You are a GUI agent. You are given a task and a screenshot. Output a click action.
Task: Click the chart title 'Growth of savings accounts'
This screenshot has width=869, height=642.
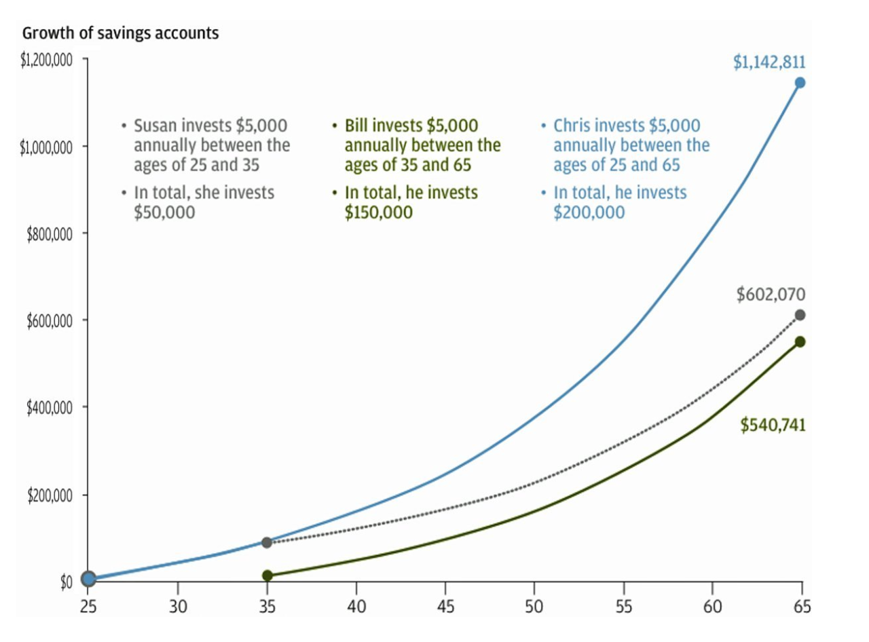point(121,33)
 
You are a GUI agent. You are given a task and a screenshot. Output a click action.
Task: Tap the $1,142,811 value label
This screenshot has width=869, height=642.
point(769,62)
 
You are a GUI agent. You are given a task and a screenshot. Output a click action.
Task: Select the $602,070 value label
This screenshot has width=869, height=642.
point(771,295)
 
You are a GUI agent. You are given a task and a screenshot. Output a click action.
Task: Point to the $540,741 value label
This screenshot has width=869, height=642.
point(773,426)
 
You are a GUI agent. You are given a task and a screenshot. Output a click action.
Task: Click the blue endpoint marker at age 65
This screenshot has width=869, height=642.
point(800,83)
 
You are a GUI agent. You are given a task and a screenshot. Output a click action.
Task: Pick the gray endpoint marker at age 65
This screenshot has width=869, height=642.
point(800,315)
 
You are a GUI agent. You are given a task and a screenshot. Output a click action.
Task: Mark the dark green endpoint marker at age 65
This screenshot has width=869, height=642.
point(800,341)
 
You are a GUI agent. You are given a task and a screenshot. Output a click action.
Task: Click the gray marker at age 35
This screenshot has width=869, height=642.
point(267,542)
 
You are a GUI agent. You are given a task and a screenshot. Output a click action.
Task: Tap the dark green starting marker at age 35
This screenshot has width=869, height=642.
point(267,575)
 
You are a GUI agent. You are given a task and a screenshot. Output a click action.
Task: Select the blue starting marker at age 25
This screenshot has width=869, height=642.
point(88,578)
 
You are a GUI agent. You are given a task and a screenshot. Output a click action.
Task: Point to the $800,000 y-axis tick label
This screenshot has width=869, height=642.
point(50,234)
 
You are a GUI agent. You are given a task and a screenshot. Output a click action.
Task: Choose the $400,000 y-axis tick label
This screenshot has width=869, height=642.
point(50,408)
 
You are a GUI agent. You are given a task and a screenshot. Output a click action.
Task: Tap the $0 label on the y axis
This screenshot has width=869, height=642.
point(66,582)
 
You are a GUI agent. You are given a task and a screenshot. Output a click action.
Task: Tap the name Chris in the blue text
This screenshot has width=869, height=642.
point(572,126)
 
